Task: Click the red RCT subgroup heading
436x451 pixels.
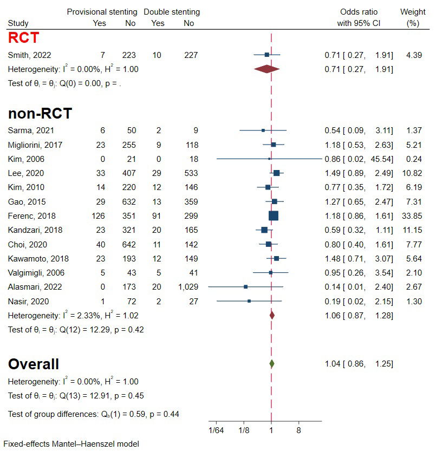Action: [23, 38]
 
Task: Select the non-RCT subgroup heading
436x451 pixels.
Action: [40, 114]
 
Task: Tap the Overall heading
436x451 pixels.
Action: [34, 364]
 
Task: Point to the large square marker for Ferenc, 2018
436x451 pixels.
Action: [273, 215]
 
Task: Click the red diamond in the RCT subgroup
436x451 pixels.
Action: [266, 69]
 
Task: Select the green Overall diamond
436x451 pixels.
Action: [271, 364]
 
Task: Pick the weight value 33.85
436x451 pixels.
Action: [412, 215]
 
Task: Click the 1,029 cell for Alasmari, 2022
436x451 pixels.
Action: [187, 286]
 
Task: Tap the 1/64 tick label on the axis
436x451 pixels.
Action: [216, 431]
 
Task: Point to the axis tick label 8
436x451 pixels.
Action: [298, 431]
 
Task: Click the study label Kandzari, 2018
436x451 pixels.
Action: [35, 230]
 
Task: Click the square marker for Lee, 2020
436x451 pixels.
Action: [276, 173]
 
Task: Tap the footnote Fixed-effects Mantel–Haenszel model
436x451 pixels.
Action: [71, 444]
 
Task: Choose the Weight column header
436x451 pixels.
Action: [413, 12]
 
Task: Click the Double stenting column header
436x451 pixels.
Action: [172, 12]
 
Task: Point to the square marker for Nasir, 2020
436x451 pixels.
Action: [249, 300]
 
